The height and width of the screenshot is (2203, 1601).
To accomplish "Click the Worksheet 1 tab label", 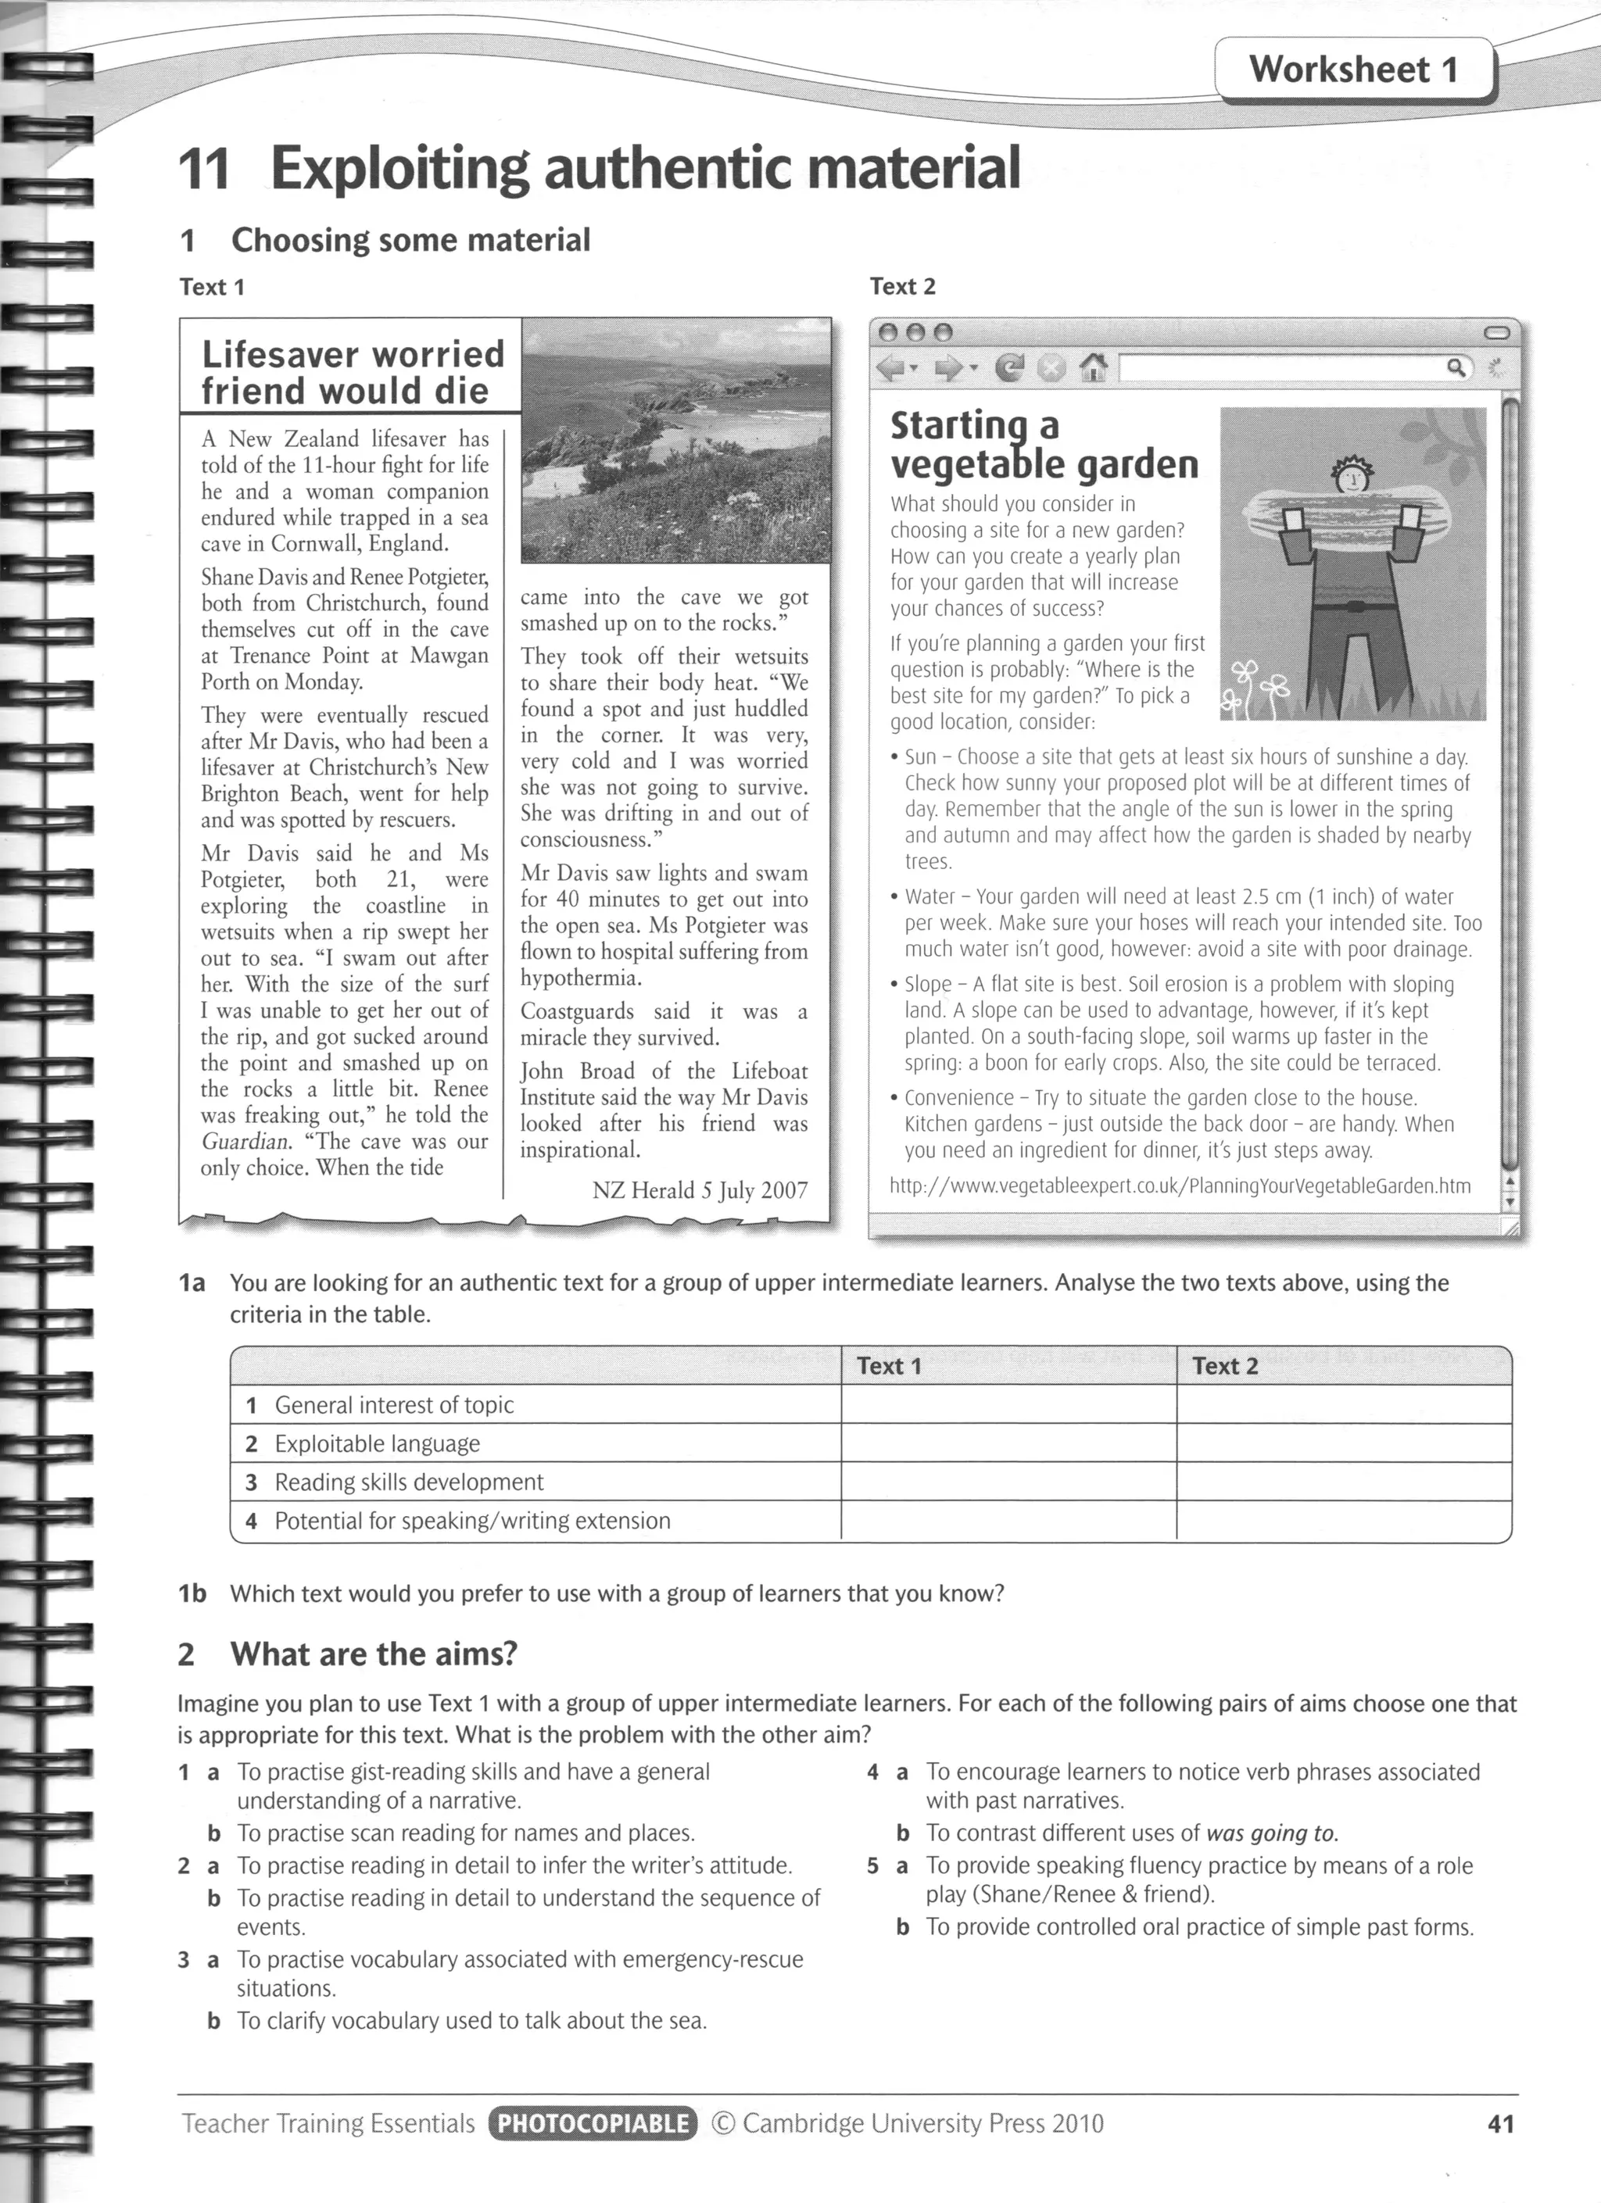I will pyautogui.click(x=1353, y=69).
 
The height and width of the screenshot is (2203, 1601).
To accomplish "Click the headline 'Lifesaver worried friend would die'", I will pyautogui.click(x=353, y=372).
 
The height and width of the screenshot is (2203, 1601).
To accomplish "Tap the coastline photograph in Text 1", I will pyautogui.click(x=676, y=440).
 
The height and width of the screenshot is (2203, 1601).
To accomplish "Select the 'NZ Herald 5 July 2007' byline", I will pyautogui.click(x=700, y=1190).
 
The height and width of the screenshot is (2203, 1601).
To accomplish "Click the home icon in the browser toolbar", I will pyautogui.click(x=1093, y=368).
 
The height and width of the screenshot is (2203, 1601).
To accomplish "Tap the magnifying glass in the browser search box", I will pyautogui.click(x=1456, y=367).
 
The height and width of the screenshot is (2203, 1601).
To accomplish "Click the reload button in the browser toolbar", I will pyautogui.click(x=1010, y=368).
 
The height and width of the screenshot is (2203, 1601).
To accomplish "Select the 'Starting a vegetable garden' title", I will pyautogui.click(x=1044, y=445).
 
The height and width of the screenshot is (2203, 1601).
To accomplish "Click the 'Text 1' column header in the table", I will pyautogui.click(x=888, y=1366).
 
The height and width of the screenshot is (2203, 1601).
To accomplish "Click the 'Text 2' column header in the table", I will pyautogui.click(x=1224, y=1366).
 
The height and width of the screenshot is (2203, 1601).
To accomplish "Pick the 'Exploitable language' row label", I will pyautogui.click(x=377, y=1443).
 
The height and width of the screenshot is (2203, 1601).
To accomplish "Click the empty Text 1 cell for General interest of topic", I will pyautogui.click(x=1008, y=1404).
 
